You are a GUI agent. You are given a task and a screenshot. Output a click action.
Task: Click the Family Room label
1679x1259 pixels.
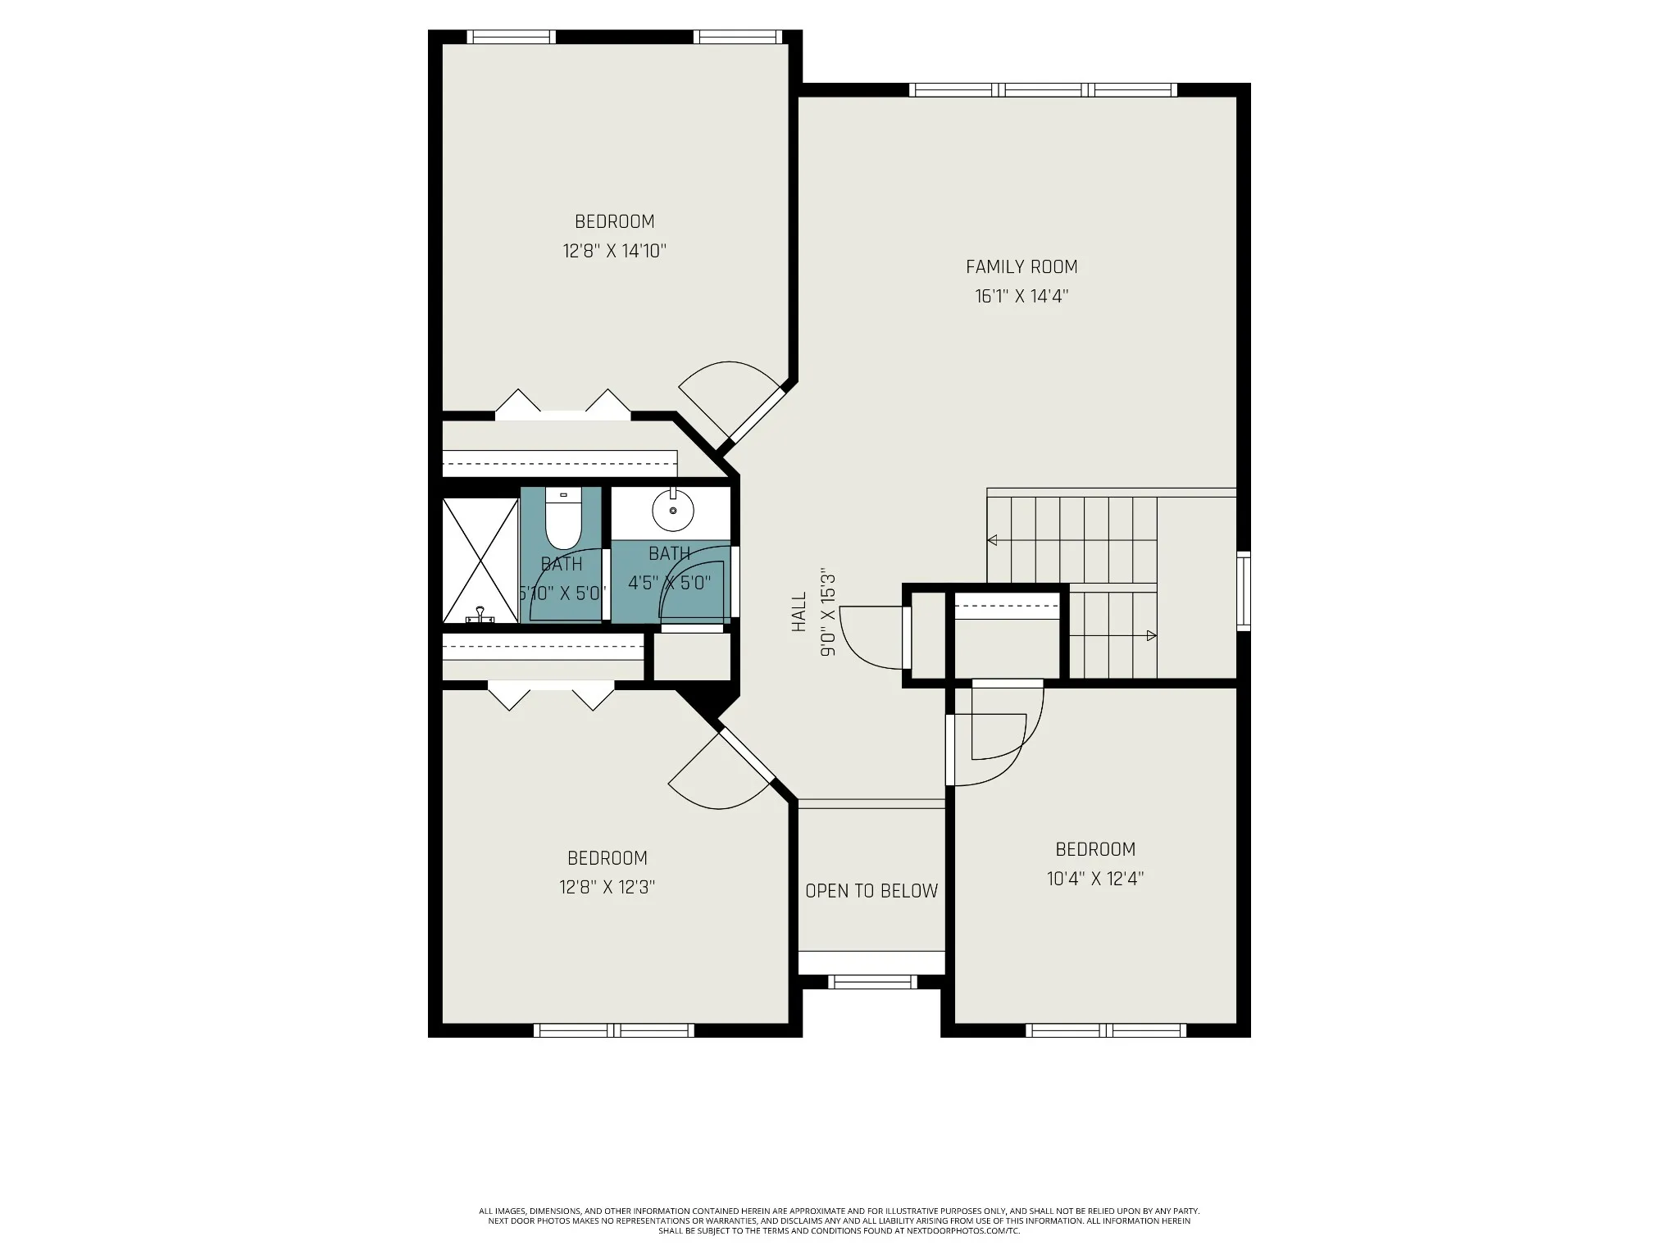(x=1022, y=266)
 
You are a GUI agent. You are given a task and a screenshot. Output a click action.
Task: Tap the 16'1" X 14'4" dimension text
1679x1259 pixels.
(x=1022, y=296)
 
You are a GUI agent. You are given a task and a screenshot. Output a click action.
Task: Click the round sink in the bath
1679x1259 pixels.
(x=673, y=509)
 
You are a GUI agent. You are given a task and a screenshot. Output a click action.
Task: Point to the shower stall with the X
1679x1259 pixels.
(x=480, y=561)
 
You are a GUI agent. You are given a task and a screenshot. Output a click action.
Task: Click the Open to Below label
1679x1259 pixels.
(x=871, y=891)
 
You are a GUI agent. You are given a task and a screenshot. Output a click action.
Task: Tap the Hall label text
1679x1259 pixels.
(x=799, y=612)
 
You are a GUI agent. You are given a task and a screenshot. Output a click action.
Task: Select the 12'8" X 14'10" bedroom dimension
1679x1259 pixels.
(x=614, y=251)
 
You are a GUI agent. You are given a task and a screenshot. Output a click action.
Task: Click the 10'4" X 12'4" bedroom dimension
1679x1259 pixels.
(x=1095, y=879)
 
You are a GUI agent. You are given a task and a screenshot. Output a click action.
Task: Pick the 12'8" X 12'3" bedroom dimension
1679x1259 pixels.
(x=607, y=887)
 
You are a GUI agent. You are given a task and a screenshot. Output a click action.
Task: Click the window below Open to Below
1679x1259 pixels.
(x=872, y=981)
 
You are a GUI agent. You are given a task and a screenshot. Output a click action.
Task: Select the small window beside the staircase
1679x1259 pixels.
(x=1244, y=591)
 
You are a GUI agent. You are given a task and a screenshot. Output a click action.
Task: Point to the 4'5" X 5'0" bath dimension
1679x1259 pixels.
(x=669, y=584)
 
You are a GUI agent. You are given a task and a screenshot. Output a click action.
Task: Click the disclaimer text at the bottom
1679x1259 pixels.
(x=839, y=1243)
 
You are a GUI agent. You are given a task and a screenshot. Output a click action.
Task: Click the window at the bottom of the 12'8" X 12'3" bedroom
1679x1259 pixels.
(x=614, y=1030)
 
